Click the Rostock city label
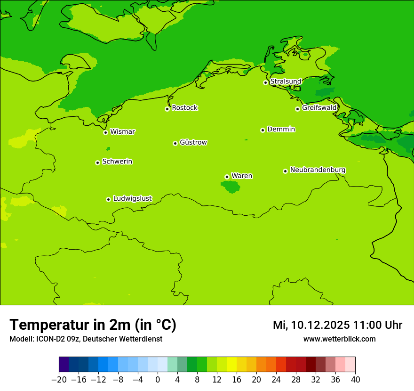(x=184, y=108)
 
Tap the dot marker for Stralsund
(x=265, y=82)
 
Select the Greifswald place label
(x=319, y=108)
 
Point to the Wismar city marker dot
(x=105, y=132)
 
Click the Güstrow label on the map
(x=193, y=142)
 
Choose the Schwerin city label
(x=117, y=162)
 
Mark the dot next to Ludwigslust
(x=108, y=199)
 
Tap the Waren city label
(x=242, y=176)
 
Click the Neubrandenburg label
(x=318, y=170)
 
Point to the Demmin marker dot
(x=263, y=130)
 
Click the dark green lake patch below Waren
(x=231, y=187)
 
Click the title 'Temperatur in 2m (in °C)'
(x=93, y=325)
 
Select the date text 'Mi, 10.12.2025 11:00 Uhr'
(x=337, y=325)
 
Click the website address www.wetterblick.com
(x=339, y=339)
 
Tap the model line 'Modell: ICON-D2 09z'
(x=45, y=339)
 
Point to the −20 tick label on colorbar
(x=59, y=380)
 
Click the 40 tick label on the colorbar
(x=355, y=380)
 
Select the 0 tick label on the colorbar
(x=158, y=380)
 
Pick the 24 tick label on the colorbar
(x=276, y=380)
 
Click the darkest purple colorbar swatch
(x=64, y=365)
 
